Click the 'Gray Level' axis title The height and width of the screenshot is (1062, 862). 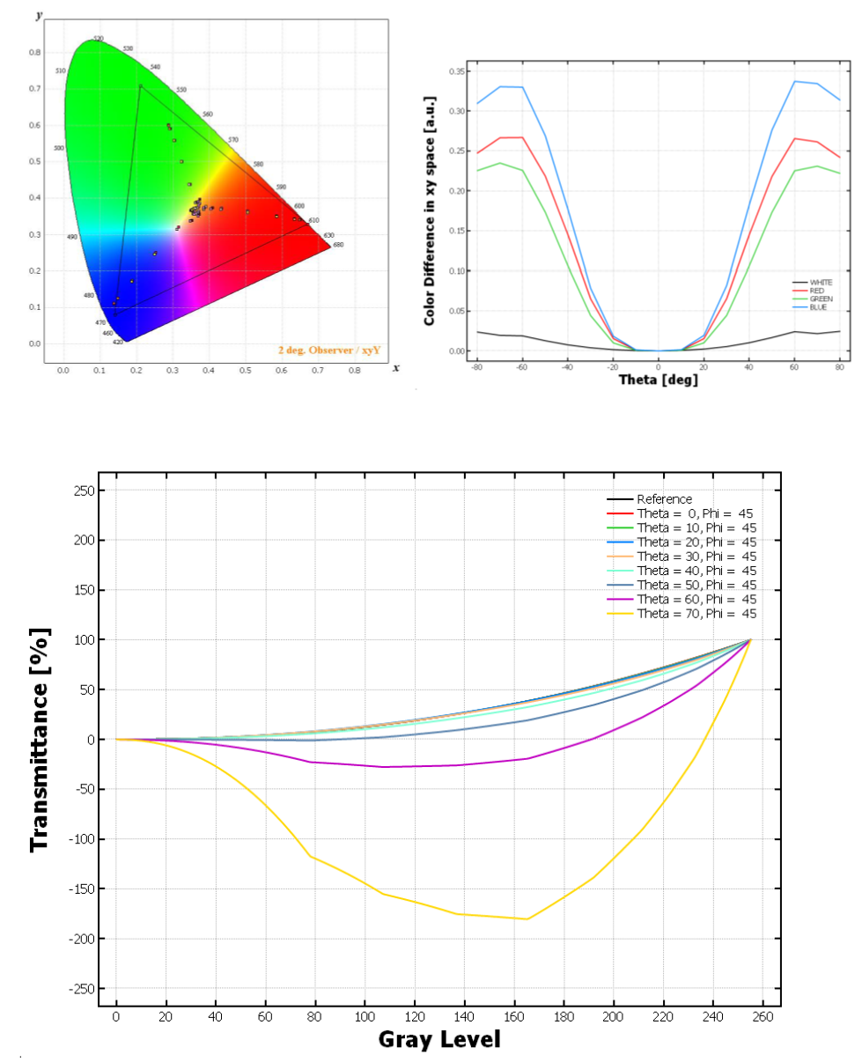click(439, 1039)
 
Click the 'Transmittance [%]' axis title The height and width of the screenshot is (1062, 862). click(39, 739)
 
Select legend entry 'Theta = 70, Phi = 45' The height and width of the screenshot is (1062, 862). click(695, 614)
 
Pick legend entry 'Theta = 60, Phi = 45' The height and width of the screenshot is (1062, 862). click(695, 600)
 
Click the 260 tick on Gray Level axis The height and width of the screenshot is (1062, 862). click(763, 1018)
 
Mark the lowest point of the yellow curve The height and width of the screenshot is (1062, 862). click(527, 918)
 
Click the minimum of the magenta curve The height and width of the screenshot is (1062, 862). click(384, 767)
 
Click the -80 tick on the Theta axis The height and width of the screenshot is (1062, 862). click(476, 366)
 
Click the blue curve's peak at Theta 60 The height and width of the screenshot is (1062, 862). click(794, 82)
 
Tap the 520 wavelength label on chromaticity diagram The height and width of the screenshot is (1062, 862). click(99, 39)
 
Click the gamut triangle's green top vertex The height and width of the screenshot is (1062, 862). click(139, 85)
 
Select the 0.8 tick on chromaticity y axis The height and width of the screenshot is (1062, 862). click(35, 53)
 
